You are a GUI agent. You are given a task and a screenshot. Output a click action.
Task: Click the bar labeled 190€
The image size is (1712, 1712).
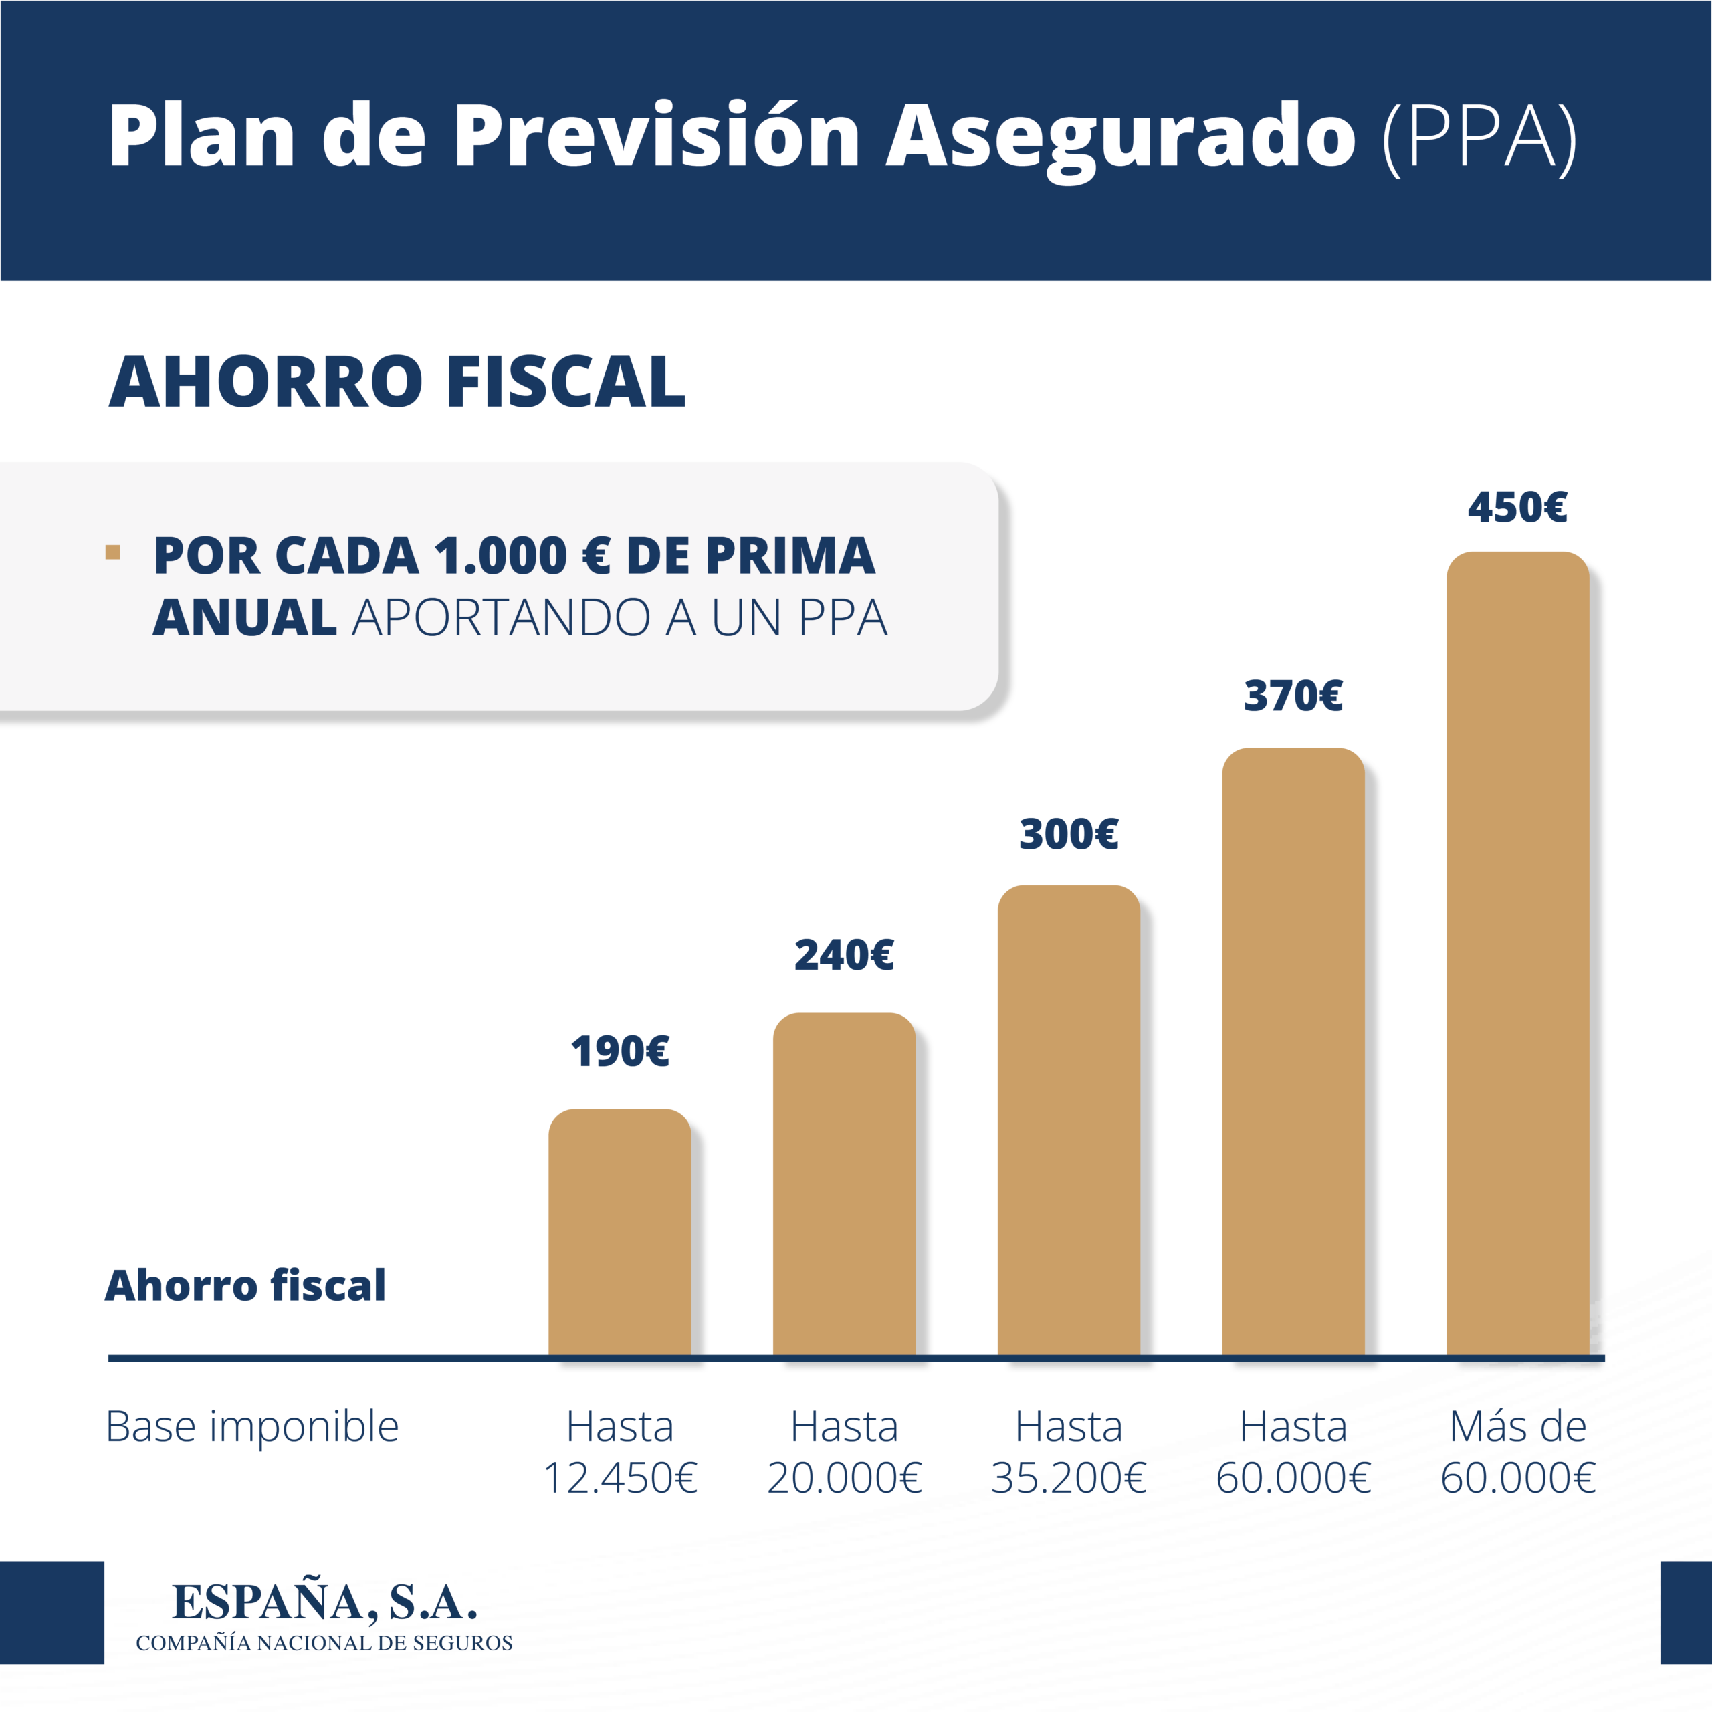pos(619,1233)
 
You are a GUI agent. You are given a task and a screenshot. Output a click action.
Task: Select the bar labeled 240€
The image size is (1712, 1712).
pos(843,1185)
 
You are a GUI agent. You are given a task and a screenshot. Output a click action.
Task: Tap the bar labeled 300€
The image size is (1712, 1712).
pos(1069,1121)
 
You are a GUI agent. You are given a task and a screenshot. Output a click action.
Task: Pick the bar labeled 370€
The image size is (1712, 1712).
pos(1293,1053)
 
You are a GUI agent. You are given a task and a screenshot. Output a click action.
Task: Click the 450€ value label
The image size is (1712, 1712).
pos(1517,508)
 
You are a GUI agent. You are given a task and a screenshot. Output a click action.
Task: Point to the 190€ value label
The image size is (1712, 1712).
pos(619,1052)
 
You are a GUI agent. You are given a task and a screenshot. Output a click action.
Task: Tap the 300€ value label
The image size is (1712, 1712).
pos(1069,834)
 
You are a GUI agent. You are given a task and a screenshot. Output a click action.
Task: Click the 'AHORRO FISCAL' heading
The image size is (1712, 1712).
pos(397,382)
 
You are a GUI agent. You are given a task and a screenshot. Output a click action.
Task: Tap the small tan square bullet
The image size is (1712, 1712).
pos(112,552)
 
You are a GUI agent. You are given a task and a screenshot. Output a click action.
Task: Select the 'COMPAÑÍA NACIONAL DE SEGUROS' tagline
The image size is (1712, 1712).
pos(324,1643)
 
